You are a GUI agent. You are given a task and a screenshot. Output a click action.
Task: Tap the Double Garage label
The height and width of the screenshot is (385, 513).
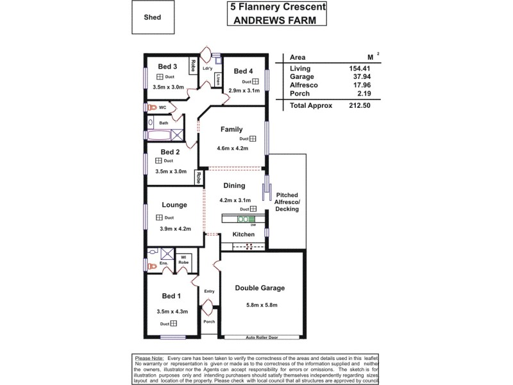click(x=260, y=288)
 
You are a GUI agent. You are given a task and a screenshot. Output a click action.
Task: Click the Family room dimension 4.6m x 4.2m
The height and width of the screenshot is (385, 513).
click(x=231, y=148)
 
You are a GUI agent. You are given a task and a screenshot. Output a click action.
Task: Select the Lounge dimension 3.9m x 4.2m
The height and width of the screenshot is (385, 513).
click(x=176, y=228)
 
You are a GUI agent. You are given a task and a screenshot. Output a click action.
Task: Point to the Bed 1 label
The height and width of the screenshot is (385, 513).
click(x=171, y=296)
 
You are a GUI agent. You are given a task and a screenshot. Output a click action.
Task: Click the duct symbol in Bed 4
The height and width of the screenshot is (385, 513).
click(x=255, y=82)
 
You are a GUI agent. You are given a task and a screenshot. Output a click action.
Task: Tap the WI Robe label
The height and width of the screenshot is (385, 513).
click(x=183, y=260)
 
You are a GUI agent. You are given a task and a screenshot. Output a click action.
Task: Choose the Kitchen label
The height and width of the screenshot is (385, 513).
click(x=244, y=235)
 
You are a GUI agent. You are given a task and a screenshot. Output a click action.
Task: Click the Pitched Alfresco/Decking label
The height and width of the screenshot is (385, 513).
click(x=287, y=202)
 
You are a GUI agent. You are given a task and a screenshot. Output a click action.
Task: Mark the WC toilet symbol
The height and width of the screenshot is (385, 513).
click(x=151, y=108)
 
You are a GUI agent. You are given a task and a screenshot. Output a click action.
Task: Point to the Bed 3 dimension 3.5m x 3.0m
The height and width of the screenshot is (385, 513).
click(x=169, y=87)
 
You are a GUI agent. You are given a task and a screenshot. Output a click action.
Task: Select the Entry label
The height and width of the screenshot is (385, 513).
click(x=209, y=291)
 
